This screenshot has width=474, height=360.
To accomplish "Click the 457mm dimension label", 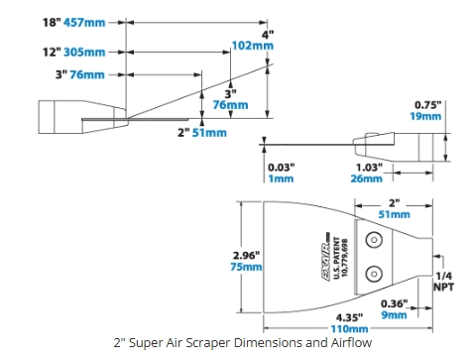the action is point(84,23).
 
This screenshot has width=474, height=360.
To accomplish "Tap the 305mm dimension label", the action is point(84,52).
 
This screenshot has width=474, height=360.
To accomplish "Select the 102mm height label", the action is point(253,46).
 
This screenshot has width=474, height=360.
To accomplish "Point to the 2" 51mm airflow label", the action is point(202,133).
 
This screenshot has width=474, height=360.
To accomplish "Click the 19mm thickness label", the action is point(425,116).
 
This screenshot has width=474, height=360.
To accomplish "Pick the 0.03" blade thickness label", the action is point(281,168).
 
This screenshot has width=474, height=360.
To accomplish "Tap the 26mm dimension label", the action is point(366,179).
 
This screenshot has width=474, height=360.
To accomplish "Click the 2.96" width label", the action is point(246,255).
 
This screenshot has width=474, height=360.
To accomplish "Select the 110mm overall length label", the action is point(349,329).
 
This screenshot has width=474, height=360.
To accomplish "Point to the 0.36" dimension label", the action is point(394,303).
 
